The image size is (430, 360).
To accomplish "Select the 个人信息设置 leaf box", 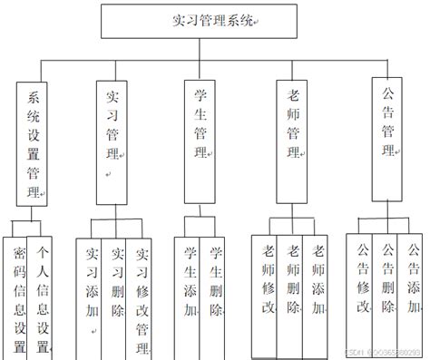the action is (x=43, y=295).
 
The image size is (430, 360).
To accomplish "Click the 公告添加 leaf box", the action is (x=412, y=281).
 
